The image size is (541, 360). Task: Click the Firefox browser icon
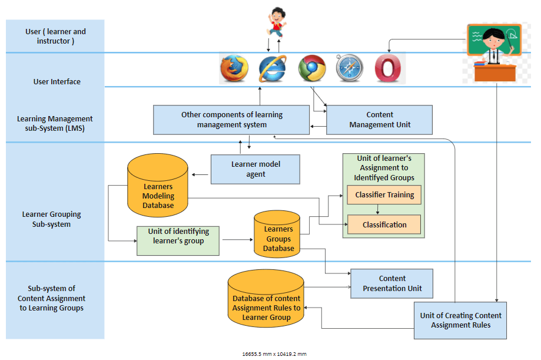click(x=234, y=68)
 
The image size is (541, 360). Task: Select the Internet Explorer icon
click(x=273, y=68)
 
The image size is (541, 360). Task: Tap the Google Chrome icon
click(x=312, y=68)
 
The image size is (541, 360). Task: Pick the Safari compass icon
click(x=350, y=68)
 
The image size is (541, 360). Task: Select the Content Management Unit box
click(x=380, y=120)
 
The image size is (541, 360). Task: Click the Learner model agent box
click(x=255, y=169)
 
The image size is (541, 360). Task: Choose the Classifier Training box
click(x=384, y=195)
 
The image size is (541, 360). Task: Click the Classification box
click(x=384, y=224)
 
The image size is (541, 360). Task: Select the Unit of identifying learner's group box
click(x=178, y=240)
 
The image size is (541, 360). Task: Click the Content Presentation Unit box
click(x=391, y=283)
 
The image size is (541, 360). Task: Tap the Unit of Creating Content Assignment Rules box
click(x=460, y=320)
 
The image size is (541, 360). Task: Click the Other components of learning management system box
click(x=231, y=120)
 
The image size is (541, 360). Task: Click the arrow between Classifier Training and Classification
click(x=377, y=209)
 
